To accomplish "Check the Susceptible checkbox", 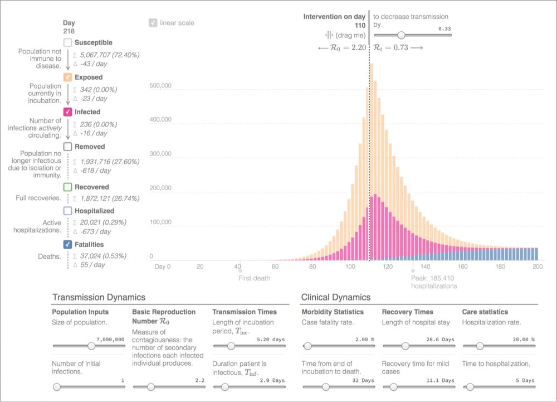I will tap(68, 43).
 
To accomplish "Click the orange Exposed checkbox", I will tap(68, 78).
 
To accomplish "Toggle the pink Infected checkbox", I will tap(68, 112).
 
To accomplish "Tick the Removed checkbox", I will tap(68, 147).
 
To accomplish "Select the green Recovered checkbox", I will tap(68, 187).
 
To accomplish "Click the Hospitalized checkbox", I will tap(68, 211).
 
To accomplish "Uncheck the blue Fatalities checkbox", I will tap(68, 245).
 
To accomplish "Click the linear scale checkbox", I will tap(153, 23).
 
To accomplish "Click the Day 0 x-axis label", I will tap(163, 267).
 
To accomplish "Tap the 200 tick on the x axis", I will tap(537, 267).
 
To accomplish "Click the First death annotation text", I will tap(254, 278).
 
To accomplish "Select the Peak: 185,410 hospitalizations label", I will tap(433, 282).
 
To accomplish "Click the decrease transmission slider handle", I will tap(400, 35).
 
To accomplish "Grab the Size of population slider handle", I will tap(91, 346).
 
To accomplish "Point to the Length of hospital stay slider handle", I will tap(405, 346).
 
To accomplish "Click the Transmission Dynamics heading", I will tap(99, 298).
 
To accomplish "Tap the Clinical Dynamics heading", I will tap(336, 298).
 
